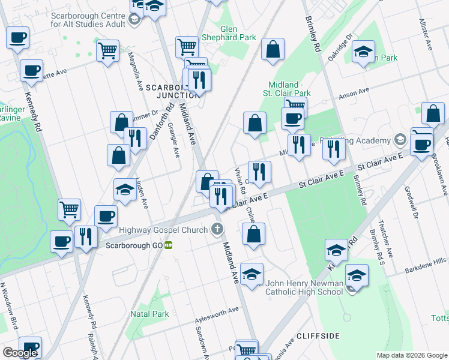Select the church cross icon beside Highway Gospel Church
(217, 229)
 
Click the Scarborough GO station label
(134, 245)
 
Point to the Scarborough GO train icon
(169, 245)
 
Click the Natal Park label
(149, 313)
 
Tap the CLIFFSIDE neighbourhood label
(318, 335)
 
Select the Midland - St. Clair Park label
(286, 89)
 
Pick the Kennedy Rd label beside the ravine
(34, 112)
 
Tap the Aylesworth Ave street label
(217, 313)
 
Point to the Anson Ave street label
(354, 93)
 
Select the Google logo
(20, 353)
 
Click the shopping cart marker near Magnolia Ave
(107, 51)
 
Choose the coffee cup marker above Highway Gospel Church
(106, 216)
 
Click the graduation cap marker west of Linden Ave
(124, 190)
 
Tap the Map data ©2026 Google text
(411, 355)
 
